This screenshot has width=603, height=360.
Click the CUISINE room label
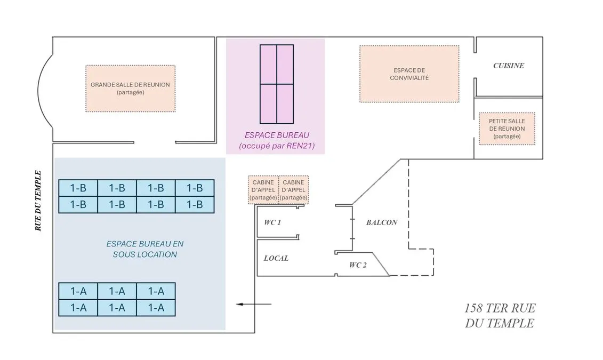pyautogui.click(x=509, y=66)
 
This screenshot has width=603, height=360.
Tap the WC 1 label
pyautogui.click(x=272, y=222)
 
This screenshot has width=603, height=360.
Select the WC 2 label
pyautogui.click(x=358, y=265)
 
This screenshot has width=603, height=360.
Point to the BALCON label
pyautogui.click(x=382, y=222)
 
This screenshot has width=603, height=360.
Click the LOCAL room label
pyautogui.click(x=276, y=258)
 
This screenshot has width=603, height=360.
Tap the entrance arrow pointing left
pyautogui.click(x=254, y=304)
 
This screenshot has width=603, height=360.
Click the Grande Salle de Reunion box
pyautogui.click(x=131, y=89)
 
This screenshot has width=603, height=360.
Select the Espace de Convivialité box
pyautogui.click(x=409, y=74)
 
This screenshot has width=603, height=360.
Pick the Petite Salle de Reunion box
pyautogui.click(x=507, y=129)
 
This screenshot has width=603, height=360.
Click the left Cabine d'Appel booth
pyautogui.click(x=263, y=190)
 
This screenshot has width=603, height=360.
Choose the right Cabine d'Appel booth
pyautogui.click(x=293, y=190)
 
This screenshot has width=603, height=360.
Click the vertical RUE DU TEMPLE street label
pyautogui.click(x=38, y=201)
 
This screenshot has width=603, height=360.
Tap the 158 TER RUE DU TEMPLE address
pyautogui.click(x=500, y=315)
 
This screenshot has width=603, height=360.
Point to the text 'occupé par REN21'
pyautogui.click(x=277, y=146)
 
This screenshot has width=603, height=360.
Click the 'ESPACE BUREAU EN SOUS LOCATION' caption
pyautogui.click(x=145, y=249)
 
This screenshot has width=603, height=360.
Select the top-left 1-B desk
pyautogui.click(x=78, y=188)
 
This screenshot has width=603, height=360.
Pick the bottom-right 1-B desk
pyautogui.click(x=195, y=205)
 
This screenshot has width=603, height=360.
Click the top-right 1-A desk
pyautogui.click(x=156, y=291)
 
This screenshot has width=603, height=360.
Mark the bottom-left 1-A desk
pyautogui.click(x=78, y=308)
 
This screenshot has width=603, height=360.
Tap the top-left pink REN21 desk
pyautogui.click(x=268, y=65)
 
